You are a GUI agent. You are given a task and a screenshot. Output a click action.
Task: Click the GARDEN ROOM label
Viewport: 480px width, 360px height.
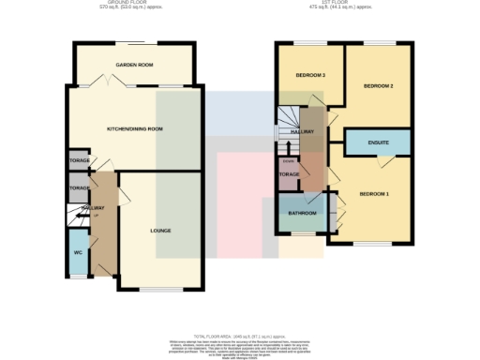coord(134,65)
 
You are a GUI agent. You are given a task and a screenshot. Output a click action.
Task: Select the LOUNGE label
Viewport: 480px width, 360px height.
coord(160,230)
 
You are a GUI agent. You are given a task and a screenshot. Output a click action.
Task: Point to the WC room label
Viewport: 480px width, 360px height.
coord(79,252)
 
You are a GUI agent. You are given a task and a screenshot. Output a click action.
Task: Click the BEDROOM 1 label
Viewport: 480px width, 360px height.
coord(374,194)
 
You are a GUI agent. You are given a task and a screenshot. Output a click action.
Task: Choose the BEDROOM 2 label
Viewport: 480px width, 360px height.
coord(378,86)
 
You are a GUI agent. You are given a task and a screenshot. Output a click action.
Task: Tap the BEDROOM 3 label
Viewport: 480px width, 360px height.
coord(310,75)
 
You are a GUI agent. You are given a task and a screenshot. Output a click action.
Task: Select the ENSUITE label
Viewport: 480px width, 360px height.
coord(378,142)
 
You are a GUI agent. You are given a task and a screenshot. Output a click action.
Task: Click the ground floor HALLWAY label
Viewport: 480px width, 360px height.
coord(92,208)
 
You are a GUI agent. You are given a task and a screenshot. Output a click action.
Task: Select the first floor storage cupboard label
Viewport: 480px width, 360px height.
coord(290,174)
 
